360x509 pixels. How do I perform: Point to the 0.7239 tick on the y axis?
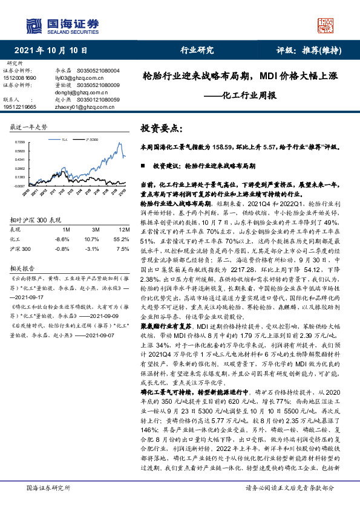[19, 142]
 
